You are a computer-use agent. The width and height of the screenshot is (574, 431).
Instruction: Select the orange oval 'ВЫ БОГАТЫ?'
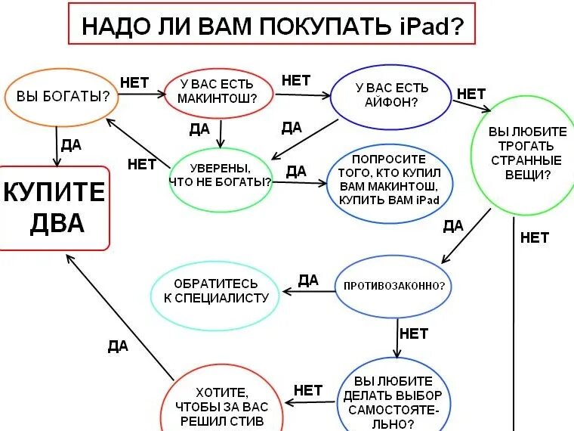coord(58,97)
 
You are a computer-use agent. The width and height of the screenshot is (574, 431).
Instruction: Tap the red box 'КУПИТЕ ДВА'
coord(54,207)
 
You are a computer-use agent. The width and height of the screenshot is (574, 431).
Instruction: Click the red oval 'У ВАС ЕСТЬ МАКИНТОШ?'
coord(217,92)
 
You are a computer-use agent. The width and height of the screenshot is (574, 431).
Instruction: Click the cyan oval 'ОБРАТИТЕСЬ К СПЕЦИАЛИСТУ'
coord(216,290)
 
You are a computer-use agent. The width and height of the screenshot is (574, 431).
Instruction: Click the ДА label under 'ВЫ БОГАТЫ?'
coord(71,145)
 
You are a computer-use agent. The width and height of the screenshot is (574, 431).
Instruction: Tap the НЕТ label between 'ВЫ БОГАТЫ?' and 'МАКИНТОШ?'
coord(134,81)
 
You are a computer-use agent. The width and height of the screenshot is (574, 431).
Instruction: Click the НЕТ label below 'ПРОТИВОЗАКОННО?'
coord(413,333)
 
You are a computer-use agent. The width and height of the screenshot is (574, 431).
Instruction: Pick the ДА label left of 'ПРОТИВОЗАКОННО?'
coord(308,281)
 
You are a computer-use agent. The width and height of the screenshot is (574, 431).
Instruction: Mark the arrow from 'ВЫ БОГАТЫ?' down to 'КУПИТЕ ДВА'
coord(57,146)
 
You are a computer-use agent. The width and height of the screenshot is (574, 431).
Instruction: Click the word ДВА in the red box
coord(54,225)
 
